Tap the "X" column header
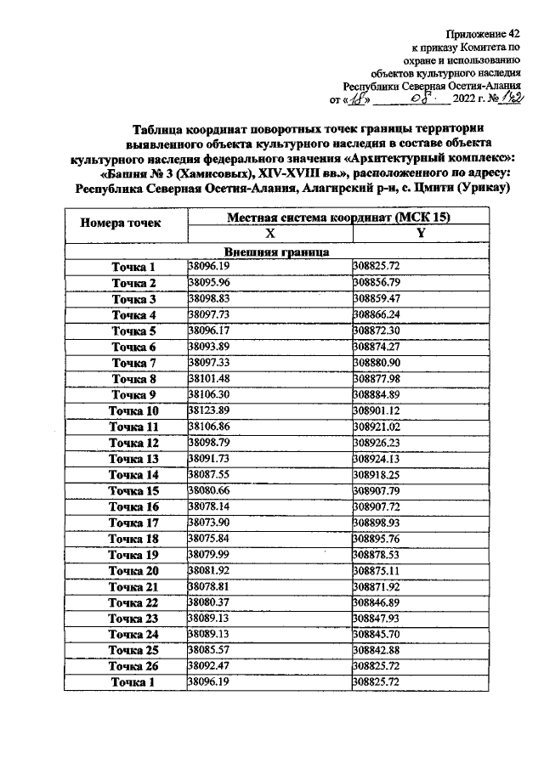click(x=269, y=234)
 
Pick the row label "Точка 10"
click(x=134, y=410)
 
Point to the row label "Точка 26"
click(x=134, y=665)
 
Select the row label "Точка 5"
click(x=134, y=331)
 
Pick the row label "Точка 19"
click(x=134, y=554)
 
